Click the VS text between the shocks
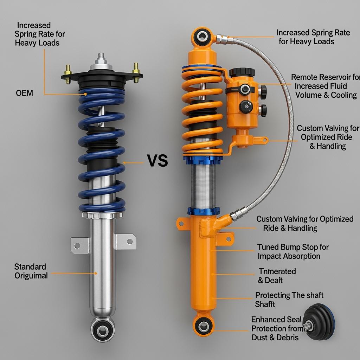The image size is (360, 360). coord(157,161)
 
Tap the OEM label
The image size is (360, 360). coord(25,93)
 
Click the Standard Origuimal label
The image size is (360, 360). coord(31,271)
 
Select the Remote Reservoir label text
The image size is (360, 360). coord(326,86)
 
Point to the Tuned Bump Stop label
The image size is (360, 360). coord(293,252)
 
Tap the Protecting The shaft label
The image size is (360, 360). coord(289,300)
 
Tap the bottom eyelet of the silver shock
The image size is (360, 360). coord(102,330)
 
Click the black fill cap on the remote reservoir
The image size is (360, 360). coord(242,72)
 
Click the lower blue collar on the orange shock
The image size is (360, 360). coord(203,211)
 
